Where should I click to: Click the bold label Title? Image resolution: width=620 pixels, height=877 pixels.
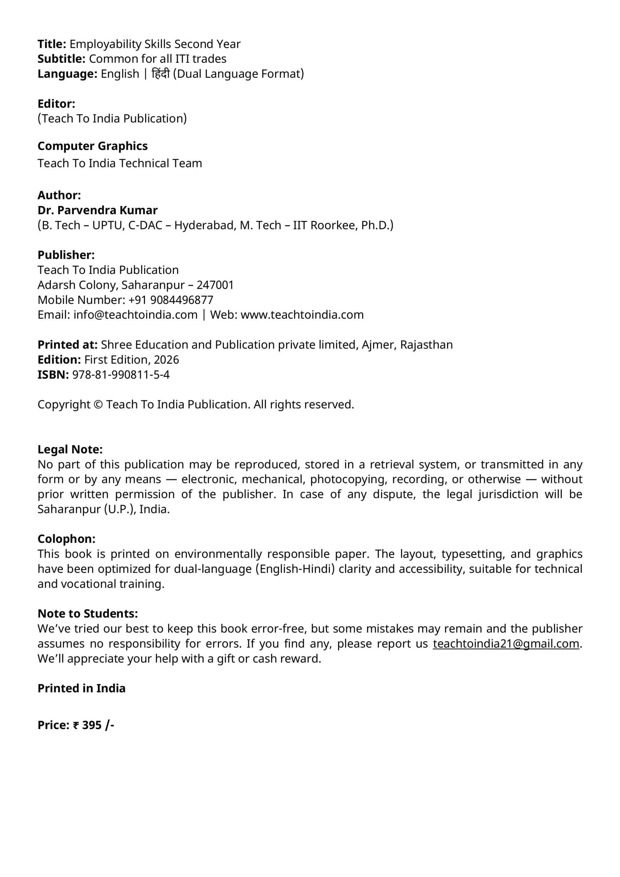pyautogui.click(x=52, y=44)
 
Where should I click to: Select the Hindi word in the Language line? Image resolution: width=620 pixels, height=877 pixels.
pyautogui.click(x=160, y=74)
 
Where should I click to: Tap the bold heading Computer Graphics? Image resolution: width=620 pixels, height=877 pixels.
pyautogui.click(x=92, y=146)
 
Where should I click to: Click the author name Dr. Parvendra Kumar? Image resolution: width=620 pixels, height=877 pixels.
pyautogui.click(x=97, y=210)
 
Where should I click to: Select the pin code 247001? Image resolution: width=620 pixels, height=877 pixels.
pyautogui.click(x=215, y=285)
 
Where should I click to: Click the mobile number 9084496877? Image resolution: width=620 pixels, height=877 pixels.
pyautogui.click(x=182, y=300)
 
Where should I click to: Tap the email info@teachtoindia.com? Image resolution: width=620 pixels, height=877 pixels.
pyautogui.click(x=135, y=315)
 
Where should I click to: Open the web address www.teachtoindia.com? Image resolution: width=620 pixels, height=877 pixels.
pyautogui.click(x=302, y=315)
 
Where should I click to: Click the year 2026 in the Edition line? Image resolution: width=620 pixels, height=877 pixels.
pyautogui.click(x=166, y=360)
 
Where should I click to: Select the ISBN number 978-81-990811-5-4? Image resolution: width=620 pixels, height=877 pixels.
pyautogui.click(x=121, y=375)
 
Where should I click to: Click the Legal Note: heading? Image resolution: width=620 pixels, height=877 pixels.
pyautogui.click(x=70, y=449)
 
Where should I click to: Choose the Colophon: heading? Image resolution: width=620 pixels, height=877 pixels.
pyautogui.click(x=66, y=539)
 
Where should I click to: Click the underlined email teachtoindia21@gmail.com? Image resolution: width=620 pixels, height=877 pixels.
pyautogui.click(x=506, y=644)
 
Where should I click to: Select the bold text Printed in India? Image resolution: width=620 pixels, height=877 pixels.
pyautogui.click(x=82, y=688)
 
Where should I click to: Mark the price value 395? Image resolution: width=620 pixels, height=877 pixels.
pyautogui.click(x=92, y=725)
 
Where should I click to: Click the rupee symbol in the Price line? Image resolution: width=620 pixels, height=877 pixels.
pyautogui.click(x=76, y=725)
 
